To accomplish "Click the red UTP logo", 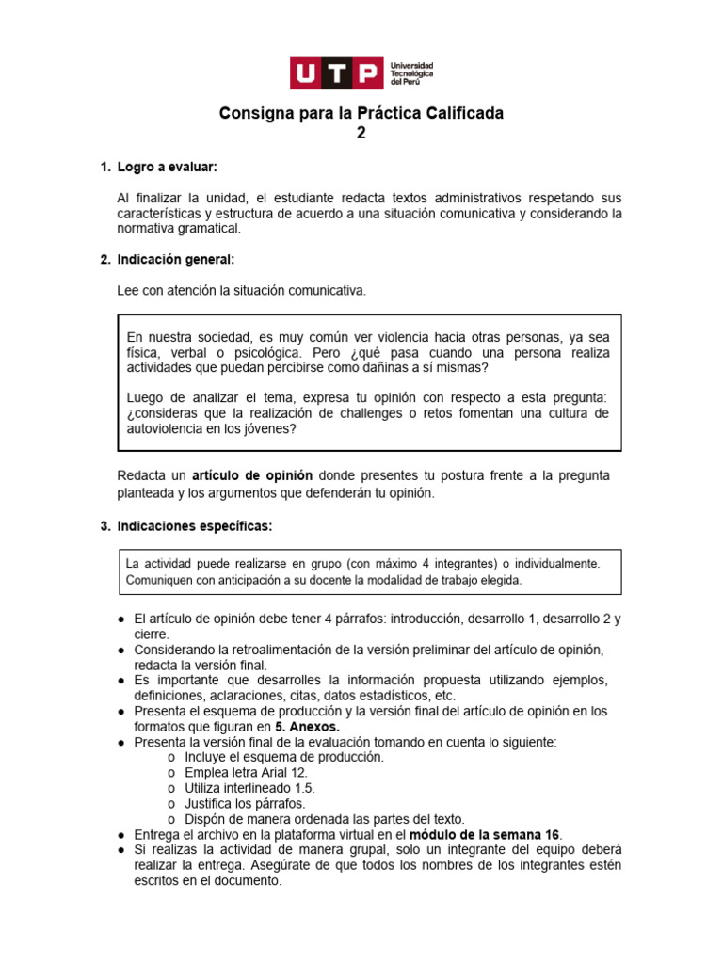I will pyautogui.click(x=336, y=72).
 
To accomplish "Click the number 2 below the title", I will pyautogui.click(x=361, y=133).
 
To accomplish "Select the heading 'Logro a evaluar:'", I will pyautogui.click(x=167, y=167).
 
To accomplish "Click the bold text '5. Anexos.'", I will pyautogui.click(x=307, y=726).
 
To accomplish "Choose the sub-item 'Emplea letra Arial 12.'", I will pyautogui.click(x=246, y=772).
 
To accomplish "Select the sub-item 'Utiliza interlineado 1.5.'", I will pyautogui.click(x=249, y=788).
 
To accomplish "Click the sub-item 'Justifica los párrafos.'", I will pyautogui.click(x=245, y=803).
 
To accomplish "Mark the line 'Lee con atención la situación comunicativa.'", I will pyautogui.click(x=241, y=291).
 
